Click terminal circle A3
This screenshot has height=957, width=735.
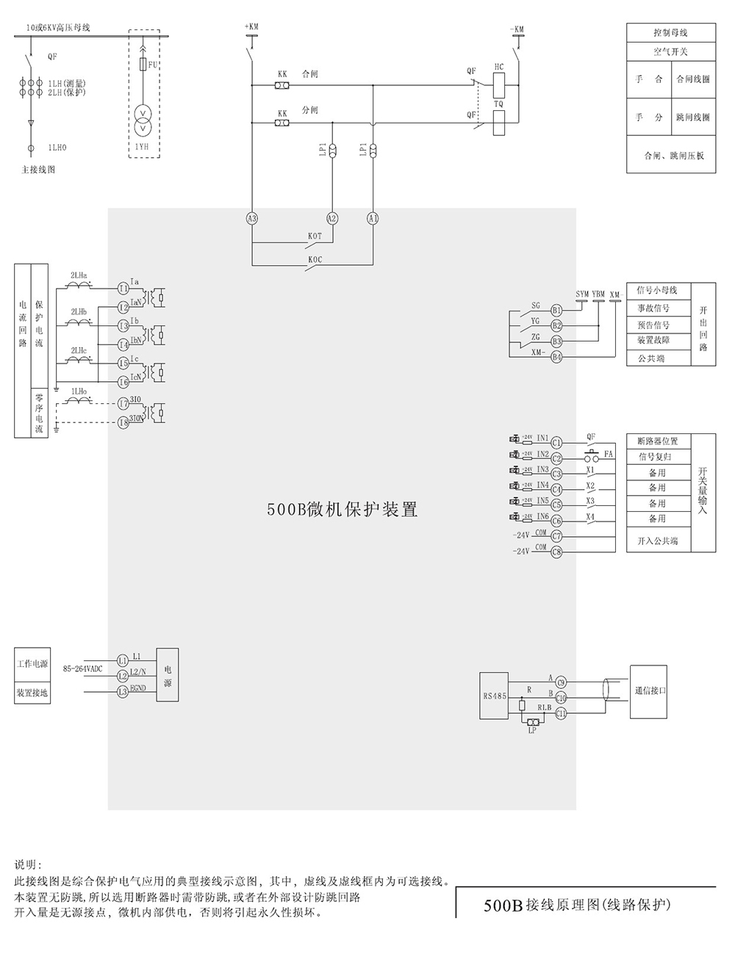coord(252,218)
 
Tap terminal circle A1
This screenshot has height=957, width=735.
coord(373,218)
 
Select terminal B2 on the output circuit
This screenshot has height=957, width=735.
coord(556,325)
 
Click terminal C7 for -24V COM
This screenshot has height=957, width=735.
coord(556,536)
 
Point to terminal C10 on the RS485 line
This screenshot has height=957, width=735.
coord(561,698)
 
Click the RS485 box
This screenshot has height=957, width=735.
coord(494,695)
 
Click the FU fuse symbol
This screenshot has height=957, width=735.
coord(143,65)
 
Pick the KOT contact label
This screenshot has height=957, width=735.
coord(315,236)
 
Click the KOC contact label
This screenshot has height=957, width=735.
coord(315,260)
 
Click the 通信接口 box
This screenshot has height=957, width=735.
coord(650,691)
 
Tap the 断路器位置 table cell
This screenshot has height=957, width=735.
coord(658,441)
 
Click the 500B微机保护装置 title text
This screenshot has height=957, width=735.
coord(342,510)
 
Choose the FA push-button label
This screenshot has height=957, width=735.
coord(608,455)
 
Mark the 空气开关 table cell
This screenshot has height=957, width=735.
coord(670,53)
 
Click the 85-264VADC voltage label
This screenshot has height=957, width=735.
coord(82,669)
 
